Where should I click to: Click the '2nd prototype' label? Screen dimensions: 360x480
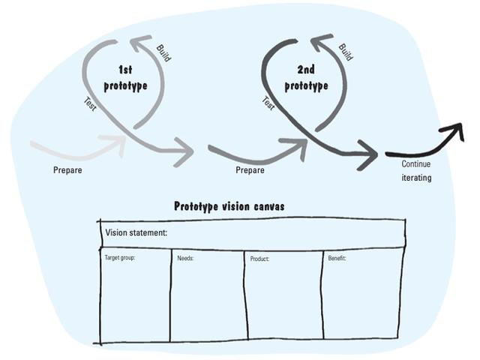(306, 77)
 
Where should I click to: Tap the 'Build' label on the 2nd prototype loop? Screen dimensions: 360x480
(345, 52)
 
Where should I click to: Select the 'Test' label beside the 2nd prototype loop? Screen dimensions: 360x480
(268, 103)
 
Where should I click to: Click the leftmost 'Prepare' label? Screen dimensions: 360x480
(67, 170)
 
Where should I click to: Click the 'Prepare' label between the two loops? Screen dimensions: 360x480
(250, 170)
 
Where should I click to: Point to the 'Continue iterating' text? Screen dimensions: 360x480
(416, 171)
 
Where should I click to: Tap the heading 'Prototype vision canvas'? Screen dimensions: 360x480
(229, 206)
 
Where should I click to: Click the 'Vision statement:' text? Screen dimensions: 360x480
(136, 233)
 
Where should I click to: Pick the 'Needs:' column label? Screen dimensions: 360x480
(185, 258)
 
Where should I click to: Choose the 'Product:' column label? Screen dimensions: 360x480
(259, 259)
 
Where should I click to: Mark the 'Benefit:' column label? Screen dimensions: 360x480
(337, 258)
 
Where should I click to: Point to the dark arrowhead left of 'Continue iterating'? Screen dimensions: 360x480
(369, 155)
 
